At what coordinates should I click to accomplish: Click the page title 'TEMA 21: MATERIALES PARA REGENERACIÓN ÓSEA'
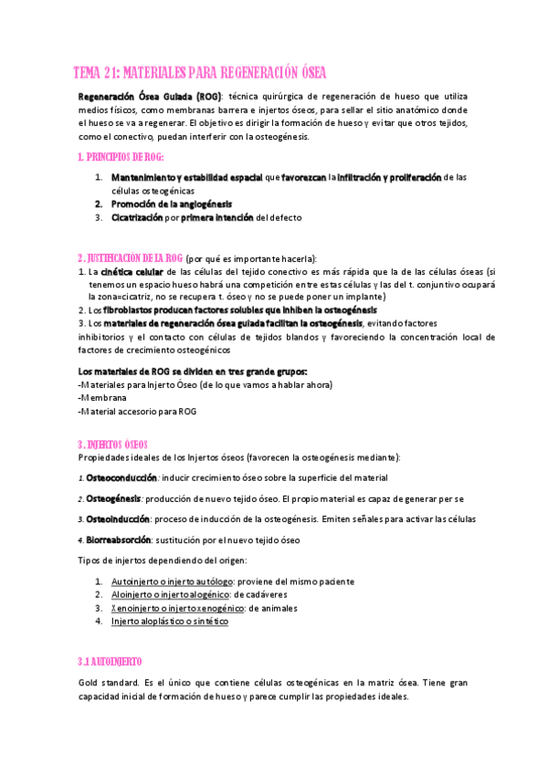(199, 73)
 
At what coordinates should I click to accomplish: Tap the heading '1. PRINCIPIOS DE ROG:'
(121, 157)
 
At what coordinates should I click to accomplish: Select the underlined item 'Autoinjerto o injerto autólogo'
(172, 580)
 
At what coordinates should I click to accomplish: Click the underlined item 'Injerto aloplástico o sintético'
(169, 621)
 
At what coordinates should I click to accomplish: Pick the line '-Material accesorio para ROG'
(137, 411)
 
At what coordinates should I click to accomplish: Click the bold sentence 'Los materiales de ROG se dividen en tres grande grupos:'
(193, 371)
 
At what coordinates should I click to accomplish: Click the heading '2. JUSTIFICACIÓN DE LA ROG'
(131, 258)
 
